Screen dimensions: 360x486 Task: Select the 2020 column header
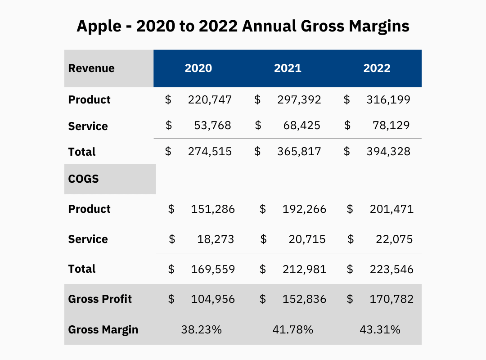[198, 68]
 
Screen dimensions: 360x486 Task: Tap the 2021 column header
[288, 68]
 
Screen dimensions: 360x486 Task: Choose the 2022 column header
[377, 68]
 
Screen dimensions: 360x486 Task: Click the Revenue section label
[91, 68]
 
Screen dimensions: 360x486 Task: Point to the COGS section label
[83, 179]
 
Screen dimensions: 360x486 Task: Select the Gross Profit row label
[100, 299]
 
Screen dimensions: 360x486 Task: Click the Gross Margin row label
[103, 329]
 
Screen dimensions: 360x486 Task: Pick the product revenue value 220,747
[210, 99]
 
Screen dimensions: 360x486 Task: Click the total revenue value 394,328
[388, 152]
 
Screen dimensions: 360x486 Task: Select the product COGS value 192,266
[305, 209]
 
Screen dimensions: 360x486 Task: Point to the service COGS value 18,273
[216, 239]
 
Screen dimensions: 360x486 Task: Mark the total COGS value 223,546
[391, 270]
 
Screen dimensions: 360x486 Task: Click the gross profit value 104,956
[213, 299]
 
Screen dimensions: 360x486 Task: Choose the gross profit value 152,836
[305, 299]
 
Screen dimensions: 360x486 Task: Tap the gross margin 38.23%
[202, 329]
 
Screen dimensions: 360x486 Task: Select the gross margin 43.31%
[380, 329]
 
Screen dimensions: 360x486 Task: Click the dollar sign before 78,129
[347, 126]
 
